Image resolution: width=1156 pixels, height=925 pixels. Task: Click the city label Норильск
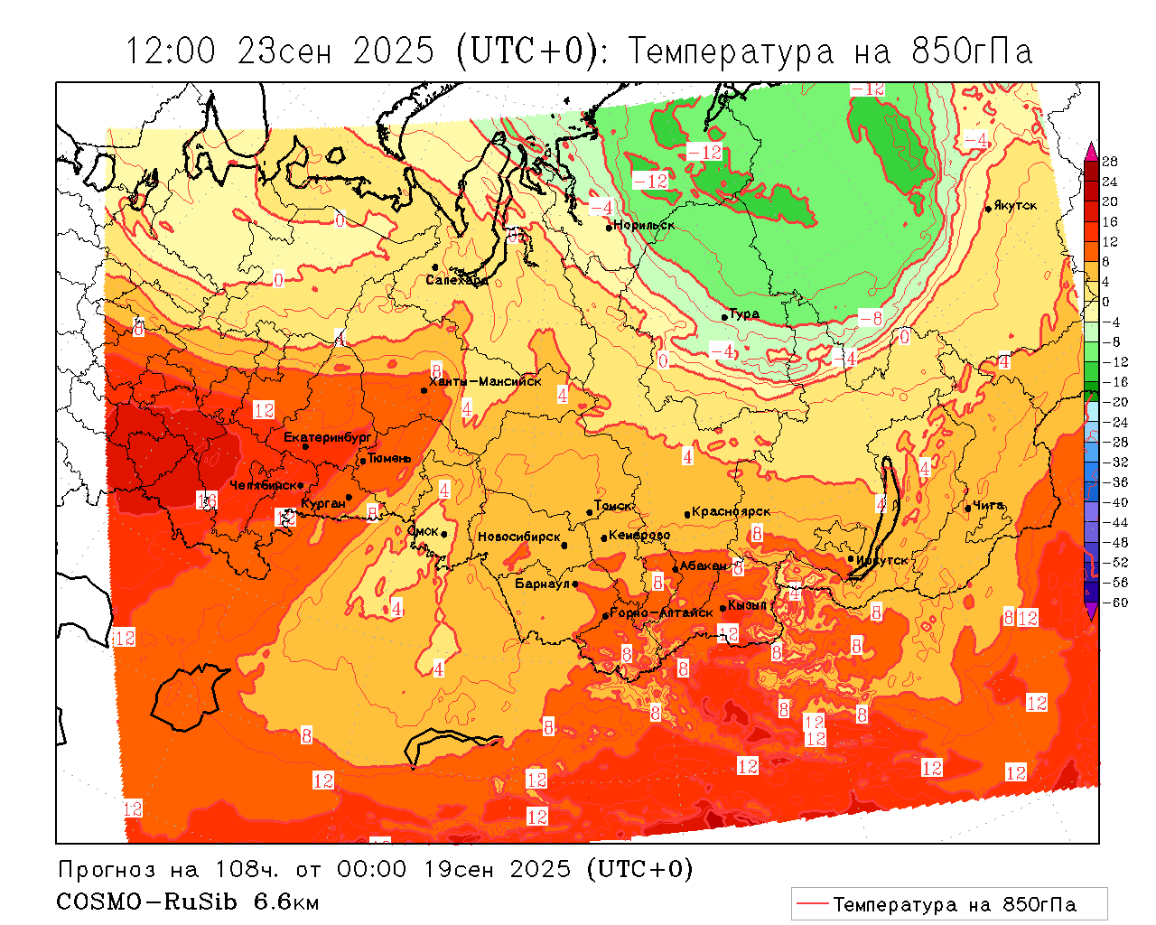click(644, 225)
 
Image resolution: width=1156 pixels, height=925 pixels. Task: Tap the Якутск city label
click(1015, 206)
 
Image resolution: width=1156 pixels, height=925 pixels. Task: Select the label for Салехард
click(457, 280)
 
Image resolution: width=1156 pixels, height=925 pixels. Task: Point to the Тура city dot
click(724, 317)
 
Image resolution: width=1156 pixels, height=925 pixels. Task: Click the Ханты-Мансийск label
click(486, 381)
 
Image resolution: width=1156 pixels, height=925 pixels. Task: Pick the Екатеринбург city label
click(328, 437)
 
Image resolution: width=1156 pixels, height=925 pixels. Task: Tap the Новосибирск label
click(518, 537)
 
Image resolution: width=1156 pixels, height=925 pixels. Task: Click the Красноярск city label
click(732, 512)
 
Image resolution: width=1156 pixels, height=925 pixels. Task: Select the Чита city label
click(989, 505)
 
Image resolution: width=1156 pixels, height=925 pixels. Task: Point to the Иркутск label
click(882, 560)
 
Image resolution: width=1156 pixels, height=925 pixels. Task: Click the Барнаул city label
click(542, 584)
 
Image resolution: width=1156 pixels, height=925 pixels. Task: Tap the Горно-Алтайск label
click(661, 613)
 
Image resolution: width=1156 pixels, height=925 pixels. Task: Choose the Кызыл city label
click(747, 604)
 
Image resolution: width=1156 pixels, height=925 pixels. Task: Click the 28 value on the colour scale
click(1110, 162)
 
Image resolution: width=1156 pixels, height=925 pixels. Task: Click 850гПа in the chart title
click(971, 51)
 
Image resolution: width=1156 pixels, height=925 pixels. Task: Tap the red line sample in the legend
click(812, 903)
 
